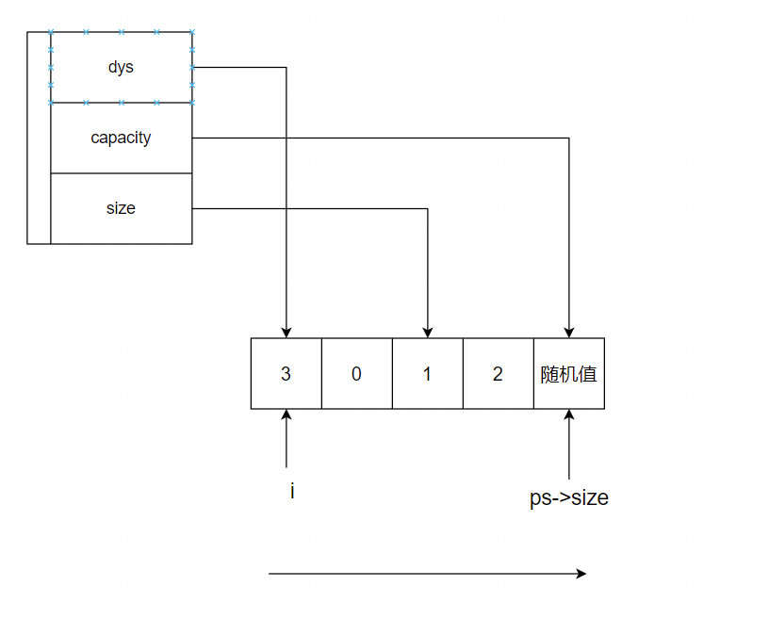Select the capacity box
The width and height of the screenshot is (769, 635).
pyautogui.click(x=121, y=156)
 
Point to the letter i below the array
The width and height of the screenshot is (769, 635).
pyautogui.click(x=292, y=491)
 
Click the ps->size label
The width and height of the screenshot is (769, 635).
pyautogui.click(x=568, y=497)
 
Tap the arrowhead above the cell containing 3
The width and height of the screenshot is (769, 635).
pyautogui.click(x=286, y=332)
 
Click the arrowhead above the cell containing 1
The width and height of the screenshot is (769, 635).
pyautogui.click(x=427, y=332)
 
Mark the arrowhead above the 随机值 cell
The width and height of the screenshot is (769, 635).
pyautogui.click(x=568, y=332)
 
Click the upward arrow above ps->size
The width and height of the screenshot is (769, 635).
pyautogui.click(x=568, y=443)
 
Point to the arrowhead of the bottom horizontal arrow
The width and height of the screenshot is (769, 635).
pyautogui.click(x=581, y=573)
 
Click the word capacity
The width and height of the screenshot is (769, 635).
pyautogui.click(x=121, y=138)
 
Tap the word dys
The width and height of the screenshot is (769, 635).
pyautogui.click(x=121, y=68)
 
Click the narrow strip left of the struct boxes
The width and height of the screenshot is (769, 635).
pyautogui.click(x=39, y=138)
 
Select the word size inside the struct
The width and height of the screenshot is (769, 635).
pyautogui.click(x=121, y=208)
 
